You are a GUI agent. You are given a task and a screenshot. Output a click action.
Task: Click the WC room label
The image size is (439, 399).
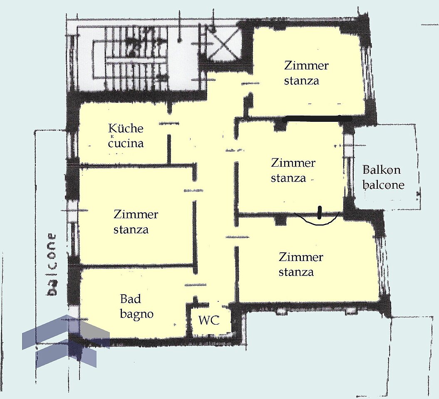tap(209, 320)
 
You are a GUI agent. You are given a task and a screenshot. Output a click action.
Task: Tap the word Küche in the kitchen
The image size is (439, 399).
tap(126, 128)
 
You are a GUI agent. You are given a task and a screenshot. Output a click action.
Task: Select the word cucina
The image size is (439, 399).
tap(126, 143)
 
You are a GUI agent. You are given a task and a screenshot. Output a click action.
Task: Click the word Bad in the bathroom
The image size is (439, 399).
tap(131, 299)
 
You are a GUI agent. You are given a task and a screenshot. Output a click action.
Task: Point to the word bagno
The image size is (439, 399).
tap(136, 314)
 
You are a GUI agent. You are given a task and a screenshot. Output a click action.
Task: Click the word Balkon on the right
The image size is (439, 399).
tap(381, 170)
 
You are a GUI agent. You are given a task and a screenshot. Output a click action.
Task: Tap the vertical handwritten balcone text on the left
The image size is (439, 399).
tap(51, 264)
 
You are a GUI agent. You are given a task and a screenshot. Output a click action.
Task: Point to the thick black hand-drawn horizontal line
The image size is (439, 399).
tap(317, 119)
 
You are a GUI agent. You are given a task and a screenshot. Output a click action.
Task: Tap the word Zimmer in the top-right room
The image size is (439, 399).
tap(306, 66)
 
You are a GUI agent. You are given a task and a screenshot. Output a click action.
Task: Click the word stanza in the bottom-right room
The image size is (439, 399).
tap(296, 272)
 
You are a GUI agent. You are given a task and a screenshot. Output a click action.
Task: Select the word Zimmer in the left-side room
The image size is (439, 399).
tap(136, 214)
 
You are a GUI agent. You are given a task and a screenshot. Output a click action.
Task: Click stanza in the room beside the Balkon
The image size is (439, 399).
tap(288, 178)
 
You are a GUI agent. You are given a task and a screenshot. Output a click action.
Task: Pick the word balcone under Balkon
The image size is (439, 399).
tap(383, 185)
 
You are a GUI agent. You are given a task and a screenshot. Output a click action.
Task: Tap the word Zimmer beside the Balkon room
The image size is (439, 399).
tap(293, 163)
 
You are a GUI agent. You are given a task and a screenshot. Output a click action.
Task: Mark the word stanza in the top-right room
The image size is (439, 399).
tap(302, 81)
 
